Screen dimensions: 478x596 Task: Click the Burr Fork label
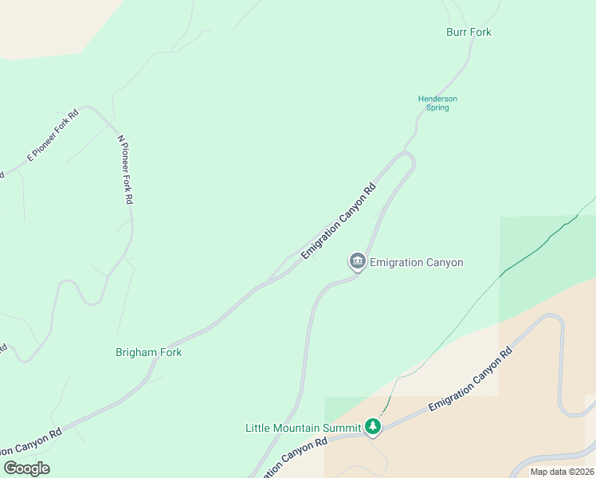pyautogui.click(x=469, y=33)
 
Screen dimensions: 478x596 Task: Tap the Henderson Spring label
pyautogui.click(x=438, y=104)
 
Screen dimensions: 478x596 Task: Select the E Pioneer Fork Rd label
pyautogui.click(x=53, y=134)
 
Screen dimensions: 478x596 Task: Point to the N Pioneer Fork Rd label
pyautogui.click(x=124, y=170)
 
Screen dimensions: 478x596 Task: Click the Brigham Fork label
pyautogui.click(x=149, y=352)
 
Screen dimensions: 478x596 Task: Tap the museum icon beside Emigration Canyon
pyautogui.click(x=357, y=261)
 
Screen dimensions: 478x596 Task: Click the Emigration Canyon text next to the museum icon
pyautogui.click(x=417, y=262)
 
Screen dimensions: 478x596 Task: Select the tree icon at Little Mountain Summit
pyautogui.click(x=373, y=428)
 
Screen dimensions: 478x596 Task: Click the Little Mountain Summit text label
pyautogui.click(x=304, y=428)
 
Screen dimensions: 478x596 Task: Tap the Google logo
pyautogui.click(x=26, y=468)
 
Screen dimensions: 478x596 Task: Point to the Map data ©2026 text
pyautogui.click(x=562, y=472)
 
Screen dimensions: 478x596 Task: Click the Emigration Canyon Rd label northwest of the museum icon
pyautogui.click(x=338, y=223)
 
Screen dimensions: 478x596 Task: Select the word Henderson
pyautogui.click(x=438, y=99)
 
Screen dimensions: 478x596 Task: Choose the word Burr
pyautogui.click(x=457, y=33)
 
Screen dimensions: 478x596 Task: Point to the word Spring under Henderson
pyautogui.click(x=438, y=108)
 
